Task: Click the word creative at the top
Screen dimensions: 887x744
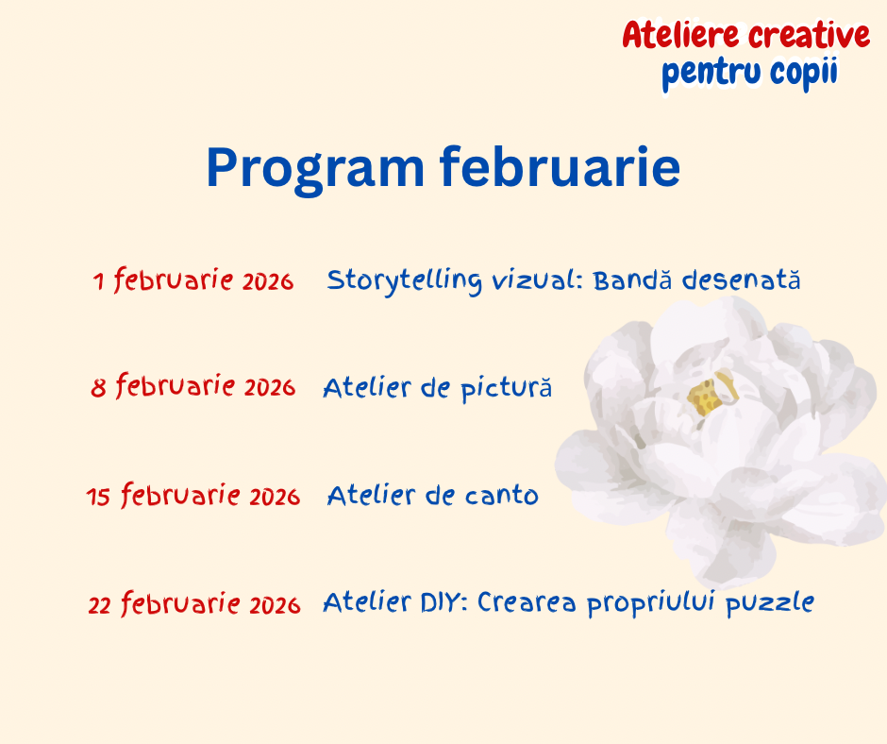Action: pyautogui.click(x=810, y=35)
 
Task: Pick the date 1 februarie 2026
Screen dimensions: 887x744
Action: pyautogui.click(x=193, y=280)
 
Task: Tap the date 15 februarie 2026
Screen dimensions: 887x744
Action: pyautogui.click(x=192, y=496)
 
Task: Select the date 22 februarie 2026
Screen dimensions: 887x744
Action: pyautogui.click(x=194, y=603)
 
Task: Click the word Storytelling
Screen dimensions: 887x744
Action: pyautogui.click(x=405, y=281)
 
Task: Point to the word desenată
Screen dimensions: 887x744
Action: pyautogui.click(x=741, y=279)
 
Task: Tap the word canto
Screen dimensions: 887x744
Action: pyautogui.click(x=502, y=497)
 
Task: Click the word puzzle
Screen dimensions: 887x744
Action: pyautogui.click(x=770, y=603)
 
